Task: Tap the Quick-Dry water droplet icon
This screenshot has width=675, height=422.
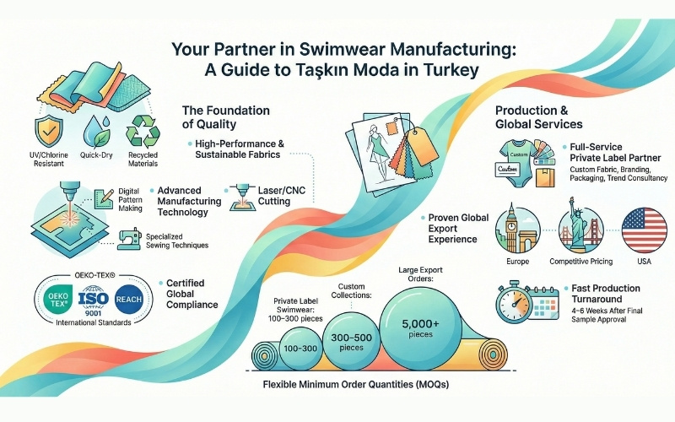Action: [93, 133]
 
